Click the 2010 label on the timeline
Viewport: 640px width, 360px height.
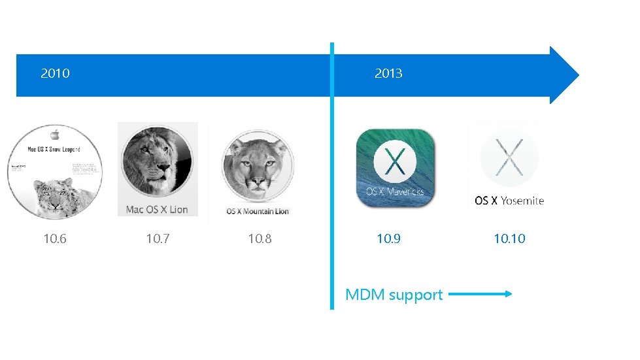pos(55,74)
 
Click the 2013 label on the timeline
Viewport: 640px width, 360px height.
pos(388,74)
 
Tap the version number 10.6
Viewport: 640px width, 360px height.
pos(54,239)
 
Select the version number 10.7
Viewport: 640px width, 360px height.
pos(158,239)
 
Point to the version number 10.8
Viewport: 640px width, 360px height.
pos(260,239)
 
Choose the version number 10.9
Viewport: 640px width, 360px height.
pos(388,239)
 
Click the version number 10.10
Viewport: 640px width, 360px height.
pos(509,239)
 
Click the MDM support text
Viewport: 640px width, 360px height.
pos(394,295)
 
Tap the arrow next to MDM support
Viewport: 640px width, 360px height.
pos(480,295)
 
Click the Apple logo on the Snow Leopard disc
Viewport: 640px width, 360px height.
pos(55,134)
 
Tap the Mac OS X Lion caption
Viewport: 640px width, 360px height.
pos(157,210)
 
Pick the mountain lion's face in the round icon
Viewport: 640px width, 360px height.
pos(256,167)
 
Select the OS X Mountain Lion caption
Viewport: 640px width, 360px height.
pos(258,212)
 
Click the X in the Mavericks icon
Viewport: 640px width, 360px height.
pos(394,161)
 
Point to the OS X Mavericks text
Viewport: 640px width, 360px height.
pos(394,191)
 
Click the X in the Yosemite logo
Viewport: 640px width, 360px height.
pos(509,159)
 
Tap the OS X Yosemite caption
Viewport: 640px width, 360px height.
pos(509,201)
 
